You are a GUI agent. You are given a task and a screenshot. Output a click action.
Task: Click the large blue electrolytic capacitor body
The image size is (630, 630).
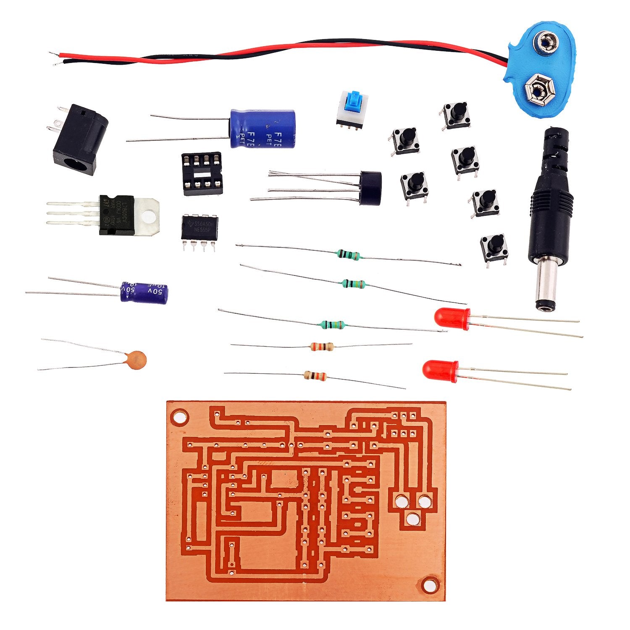pos(262,129)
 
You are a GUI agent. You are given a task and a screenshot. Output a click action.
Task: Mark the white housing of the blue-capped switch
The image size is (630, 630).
pos(352,113)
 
